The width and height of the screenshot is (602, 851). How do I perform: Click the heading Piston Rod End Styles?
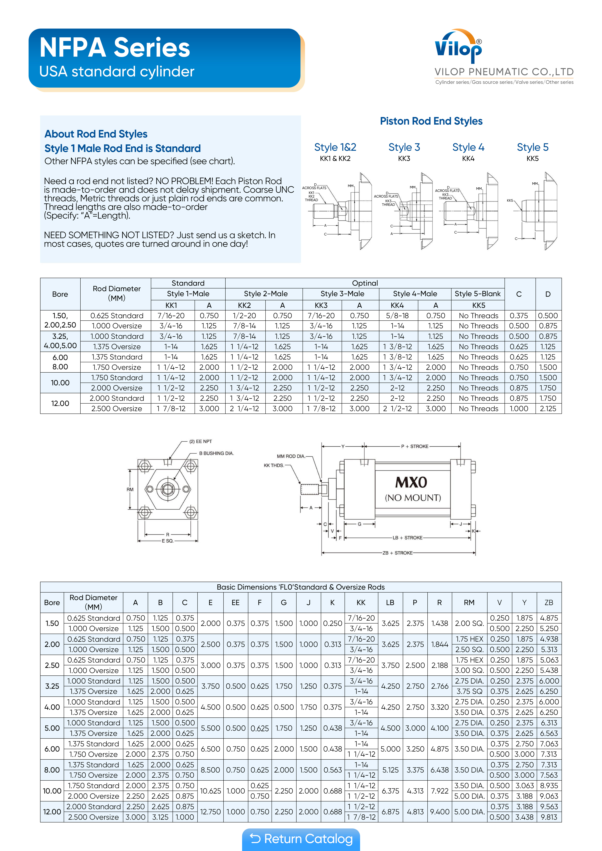(431, 121)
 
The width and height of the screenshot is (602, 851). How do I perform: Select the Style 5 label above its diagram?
(532, 147)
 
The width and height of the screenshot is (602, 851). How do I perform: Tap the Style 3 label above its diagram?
(404, 147)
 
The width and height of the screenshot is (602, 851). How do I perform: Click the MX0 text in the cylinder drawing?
(411, 482)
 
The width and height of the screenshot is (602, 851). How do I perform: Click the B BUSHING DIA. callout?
(216, 453)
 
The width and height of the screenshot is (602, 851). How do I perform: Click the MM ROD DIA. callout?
(291, 456)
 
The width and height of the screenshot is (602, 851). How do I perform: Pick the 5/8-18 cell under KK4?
(397, 316)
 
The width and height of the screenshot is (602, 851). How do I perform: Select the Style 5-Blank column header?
(478, 294)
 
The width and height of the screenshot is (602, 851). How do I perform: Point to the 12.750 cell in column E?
(210, 812)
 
